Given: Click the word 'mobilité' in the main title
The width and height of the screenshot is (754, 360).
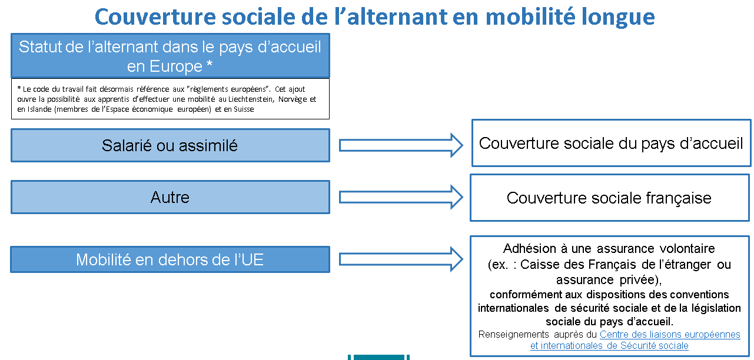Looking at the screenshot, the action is (x=530, y=17).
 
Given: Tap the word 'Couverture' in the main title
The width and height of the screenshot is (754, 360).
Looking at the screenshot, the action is (x=155, y=17).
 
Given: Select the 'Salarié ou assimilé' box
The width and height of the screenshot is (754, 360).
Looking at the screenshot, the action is (x=170, y=145).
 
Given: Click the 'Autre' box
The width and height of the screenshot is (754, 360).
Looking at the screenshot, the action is (x=170, y=197).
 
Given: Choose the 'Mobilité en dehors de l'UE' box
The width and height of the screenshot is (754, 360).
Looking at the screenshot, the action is (x=170, y=259).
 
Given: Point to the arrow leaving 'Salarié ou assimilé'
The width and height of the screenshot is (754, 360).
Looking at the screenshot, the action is (x=401, y=145).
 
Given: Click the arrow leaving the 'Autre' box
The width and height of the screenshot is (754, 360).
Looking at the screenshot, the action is (x=401, y=197).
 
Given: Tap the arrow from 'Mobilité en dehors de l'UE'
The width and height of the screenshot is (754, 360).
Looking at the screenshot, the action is (x=401, y=259).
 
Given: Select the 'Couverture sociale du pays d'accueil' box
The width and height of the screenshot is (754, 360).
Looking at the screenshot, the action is (x=612, y=143).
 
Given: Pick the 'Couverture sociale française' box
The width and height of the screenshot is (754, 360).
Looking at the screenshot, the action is (x=610, y=198).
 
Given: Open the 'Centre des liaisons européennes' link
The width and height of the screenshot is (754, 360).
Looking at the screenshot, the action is (x=670, y=335).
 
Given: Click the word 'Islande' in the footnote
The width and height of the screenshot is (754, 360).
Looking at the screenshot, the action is (x=39, y=109).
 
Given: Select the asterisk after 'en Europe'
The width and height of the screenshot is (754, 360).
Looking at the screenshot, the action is (x=210, y=64).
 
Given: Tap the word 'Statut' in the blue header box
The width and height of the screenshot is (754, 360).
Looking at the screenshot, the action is (x=40, y=47).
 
